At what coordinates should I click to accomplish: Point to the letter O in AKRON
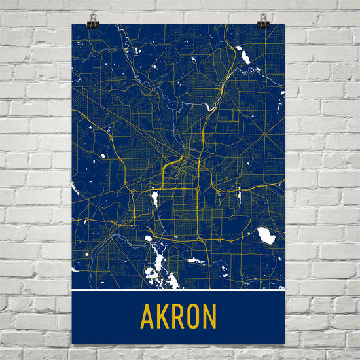(194, 317)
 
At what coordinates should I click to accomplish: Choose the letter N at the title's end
(210, 317)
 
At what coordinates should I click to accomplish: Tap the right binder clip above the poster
(263, 21)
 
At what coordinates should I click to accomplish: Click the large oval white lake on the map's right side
(266, 236)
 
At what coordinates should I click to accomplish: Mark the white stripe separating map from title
(178, 290)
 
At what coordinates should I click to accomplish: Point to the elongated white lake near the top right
(246, 58)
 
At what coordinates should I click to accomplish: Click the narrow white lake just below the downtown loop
(155, 198)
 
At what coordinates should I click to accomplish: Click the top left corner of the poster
(72, 25)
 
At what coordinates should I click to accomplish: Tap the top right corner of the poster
(285, 25)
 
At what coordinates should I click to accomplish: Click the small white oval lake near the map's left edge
(103, 156)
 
